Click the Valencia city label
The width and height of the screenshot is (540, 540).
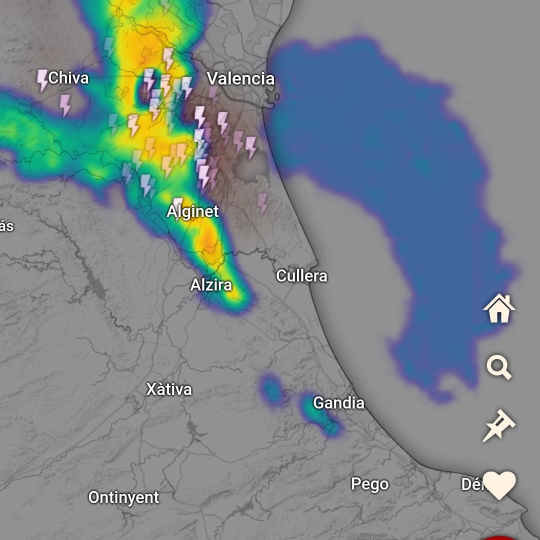[240, 78]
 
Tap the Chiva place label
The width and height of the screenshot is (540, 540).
[68, 78]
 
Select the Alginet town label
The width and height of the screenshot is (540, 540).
[192, 211]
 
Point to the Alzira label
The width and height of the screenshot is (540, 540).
[211, 285]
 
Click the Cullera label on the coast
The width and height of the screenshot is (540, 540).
[301, 276]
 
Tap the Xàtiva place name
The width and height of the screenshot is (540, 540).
[169, 389]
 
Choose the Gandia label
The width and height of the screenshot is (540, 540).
[338, 403]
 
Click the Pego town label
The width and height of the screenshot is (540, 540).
[369, 484]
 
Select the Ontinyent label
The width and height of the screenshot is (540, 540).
[123, 497]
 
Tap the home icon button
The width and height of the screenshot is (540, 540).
[499, 308]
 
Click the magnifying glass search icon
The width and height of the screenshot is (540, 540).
[499, 367]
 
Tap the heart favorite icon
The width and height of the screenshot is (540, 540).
[499, 485]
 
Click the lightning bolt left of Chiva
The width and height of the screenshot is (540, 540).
[42, 80]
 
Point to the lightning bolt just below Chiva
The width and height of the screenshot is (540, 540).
[65, 105]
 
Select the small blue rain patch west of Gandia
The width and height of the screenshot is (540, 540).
[271, 389]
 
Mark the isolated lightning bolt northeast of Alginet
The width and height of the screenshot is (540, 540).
[262, 203]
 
